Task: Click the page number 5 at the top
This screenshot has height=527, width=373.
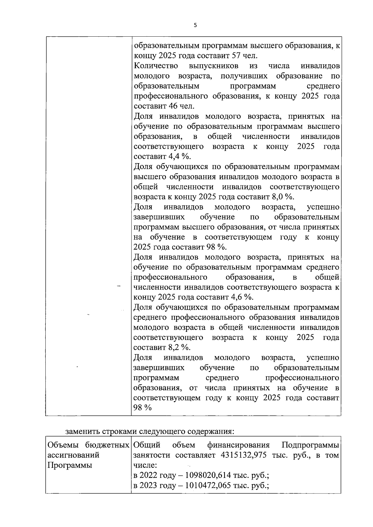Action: click(195, 25)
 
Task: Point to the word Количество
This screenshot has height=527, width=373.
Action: click(156, 66)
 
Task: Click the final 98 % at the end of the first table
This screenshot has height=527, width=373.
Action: click(142, 408)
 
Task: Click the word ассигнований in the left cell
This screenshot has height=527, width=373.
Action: click(73, 455)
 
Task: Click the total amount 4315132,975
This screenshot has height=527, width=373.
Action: click(244, 455)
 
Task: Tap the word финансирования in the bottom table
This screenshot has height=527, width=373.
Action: click(238, 445)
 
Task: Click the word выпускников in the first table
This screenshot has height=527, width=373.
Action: click(214, 66)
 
